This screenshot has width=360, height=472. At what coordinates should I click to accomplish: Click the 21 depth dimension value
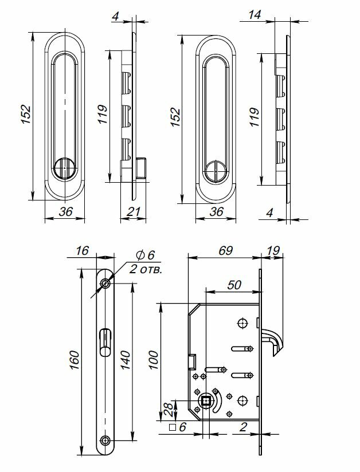[133, 212]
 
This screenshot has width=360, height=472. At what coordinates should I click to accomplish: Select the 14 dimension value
[256, 15]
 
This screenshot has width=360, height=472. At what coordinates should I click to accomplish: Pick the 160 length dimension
[75, 360]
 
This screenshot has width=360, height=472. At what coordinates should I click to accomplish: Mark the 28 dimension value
[166, 408]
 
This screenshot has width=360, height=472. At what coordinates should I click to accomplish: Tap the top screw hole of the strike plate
[105, 284]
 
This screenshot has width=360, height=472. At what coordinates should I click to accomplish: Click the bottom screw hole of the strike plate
[105, 440]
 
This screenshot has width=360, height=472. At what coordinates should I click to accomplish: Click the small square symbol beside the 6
[172, 427]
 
